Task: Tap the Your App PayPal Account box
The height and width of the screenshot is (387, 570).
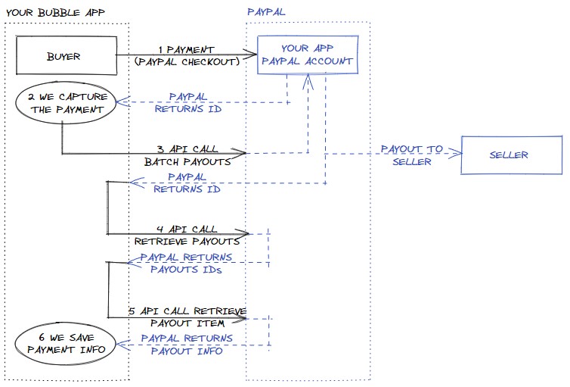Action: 306,55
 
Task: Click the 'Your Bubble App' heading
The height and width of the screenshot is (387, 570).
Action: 55,12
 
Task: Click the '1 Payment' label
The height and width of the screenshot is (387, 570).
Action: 186,49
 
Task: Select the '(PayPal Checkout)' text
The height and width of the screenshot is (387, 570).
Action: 186,61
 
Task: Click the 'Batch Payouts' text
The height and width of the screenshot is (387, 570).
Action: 186,161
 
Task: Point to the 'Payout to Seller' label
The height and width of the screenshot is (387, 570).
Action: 411,155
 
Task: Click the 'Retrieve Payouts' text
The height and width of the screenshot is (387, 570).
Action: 186,242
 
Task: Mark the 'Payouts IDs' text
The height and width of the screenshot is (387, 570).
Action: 186,270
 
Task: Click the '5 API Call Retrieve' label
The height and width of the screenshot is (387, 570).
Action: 186,311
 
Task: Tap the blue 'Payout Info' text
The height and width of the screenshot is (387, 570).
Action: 186,351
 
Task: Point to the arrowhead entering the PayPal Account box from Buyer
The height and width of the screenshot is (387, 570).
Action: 252,54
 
